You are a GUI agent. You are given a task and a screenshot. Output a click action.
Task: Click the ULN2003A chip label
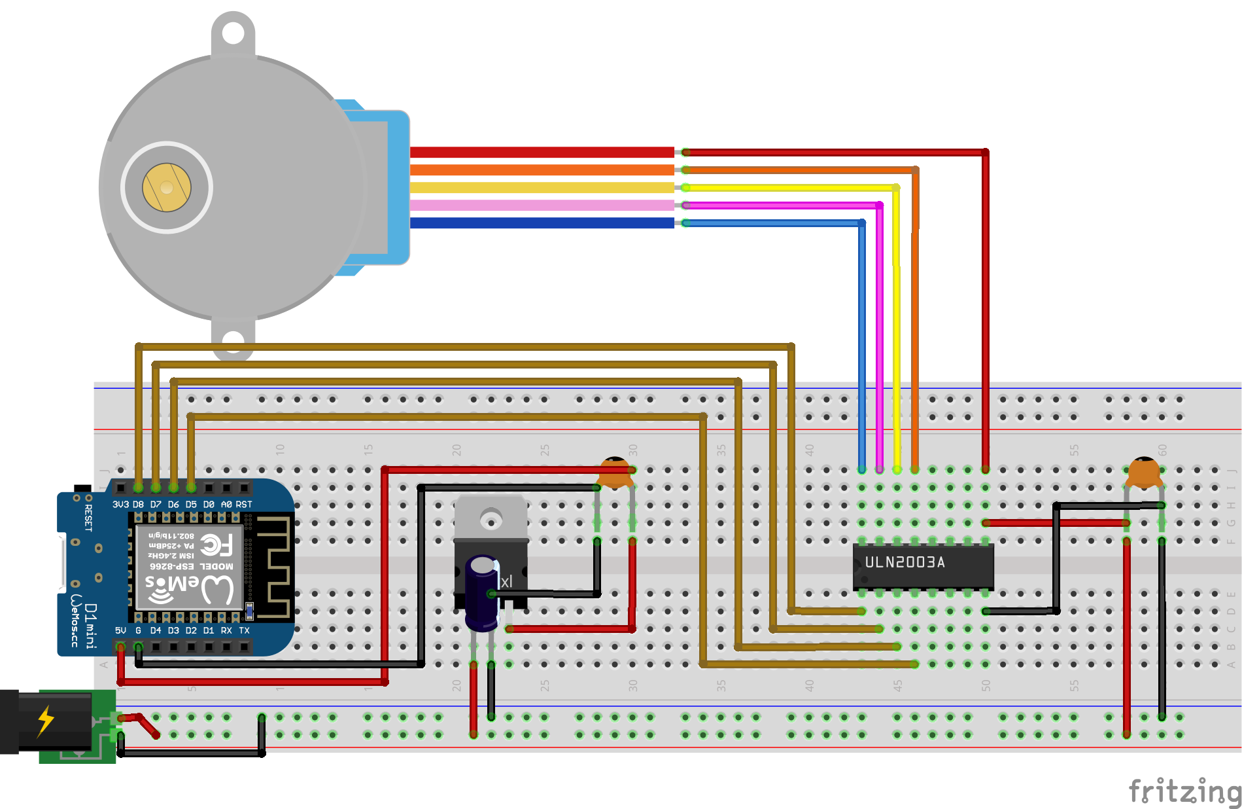click(905, 562)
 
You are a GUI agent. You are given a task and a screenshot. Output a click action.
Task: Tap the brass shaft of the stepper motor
click(167, 187)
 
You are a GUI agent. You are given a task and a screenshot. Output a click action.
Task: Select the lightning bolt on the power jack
click(45, 721)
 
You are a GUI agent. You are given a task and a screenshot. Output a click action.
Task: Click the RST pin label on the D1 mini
click(244, 505)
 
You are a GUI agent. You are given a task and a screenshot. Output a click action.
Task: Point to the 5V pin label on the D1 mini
click(120, 630)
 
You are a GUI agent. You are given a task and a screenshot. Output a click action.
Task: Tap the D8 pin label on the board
click(138, 505)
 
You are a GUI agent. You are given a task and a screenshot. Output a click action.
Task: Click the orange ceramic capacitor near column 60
click(1144, 473)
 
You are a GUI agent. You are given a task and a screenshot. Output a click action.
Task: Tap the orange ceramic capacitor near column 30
click(615, 473)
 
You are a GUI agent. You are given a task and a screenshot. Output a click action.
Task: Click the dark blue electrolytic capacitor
click(483, 592)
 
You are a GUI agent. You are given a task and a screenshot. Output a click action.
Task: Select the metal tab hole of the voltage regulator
click(491, 520)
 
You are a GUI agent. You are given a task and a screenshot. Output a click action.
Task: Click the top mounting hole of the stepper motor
click(233, 33)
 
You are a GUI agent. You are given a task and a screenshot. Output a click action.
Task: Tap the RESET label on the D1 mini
click(88, 517)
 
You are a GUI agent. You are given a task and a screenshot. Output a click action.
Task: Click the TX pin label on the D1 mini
click(244, 630)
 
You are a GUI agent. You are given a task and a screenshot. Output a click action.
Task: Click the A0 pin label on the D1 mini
click(226, 505)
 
